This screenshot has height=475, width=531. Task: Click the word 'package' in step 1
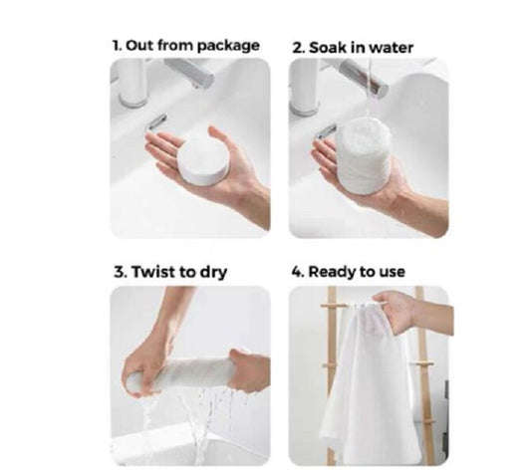(x=228, y=46)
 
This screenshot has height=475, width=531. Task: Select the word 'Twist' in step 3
(x=152, y=272)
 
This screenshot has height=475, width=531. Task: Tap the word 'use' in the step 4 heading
(x=392, y=273)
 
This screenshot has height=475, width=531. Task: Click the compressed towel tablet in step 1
(x=201, y=159)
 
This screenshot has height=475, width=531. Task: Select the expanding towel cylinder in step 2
(x=363, y=155)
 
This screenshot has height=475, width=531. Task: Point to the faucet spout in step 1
(x=189, y=72)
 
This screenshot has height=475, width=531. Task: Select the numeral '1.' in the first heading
(x=117, y=46)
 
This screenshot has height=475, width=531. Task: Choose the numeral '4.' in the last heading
(x=298, y=272)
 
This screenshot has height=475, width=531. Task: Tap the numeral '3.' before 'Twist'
(x=122, y=272)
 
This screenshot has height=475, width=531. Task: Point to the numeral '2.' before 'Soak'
(x=299, y=48)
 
